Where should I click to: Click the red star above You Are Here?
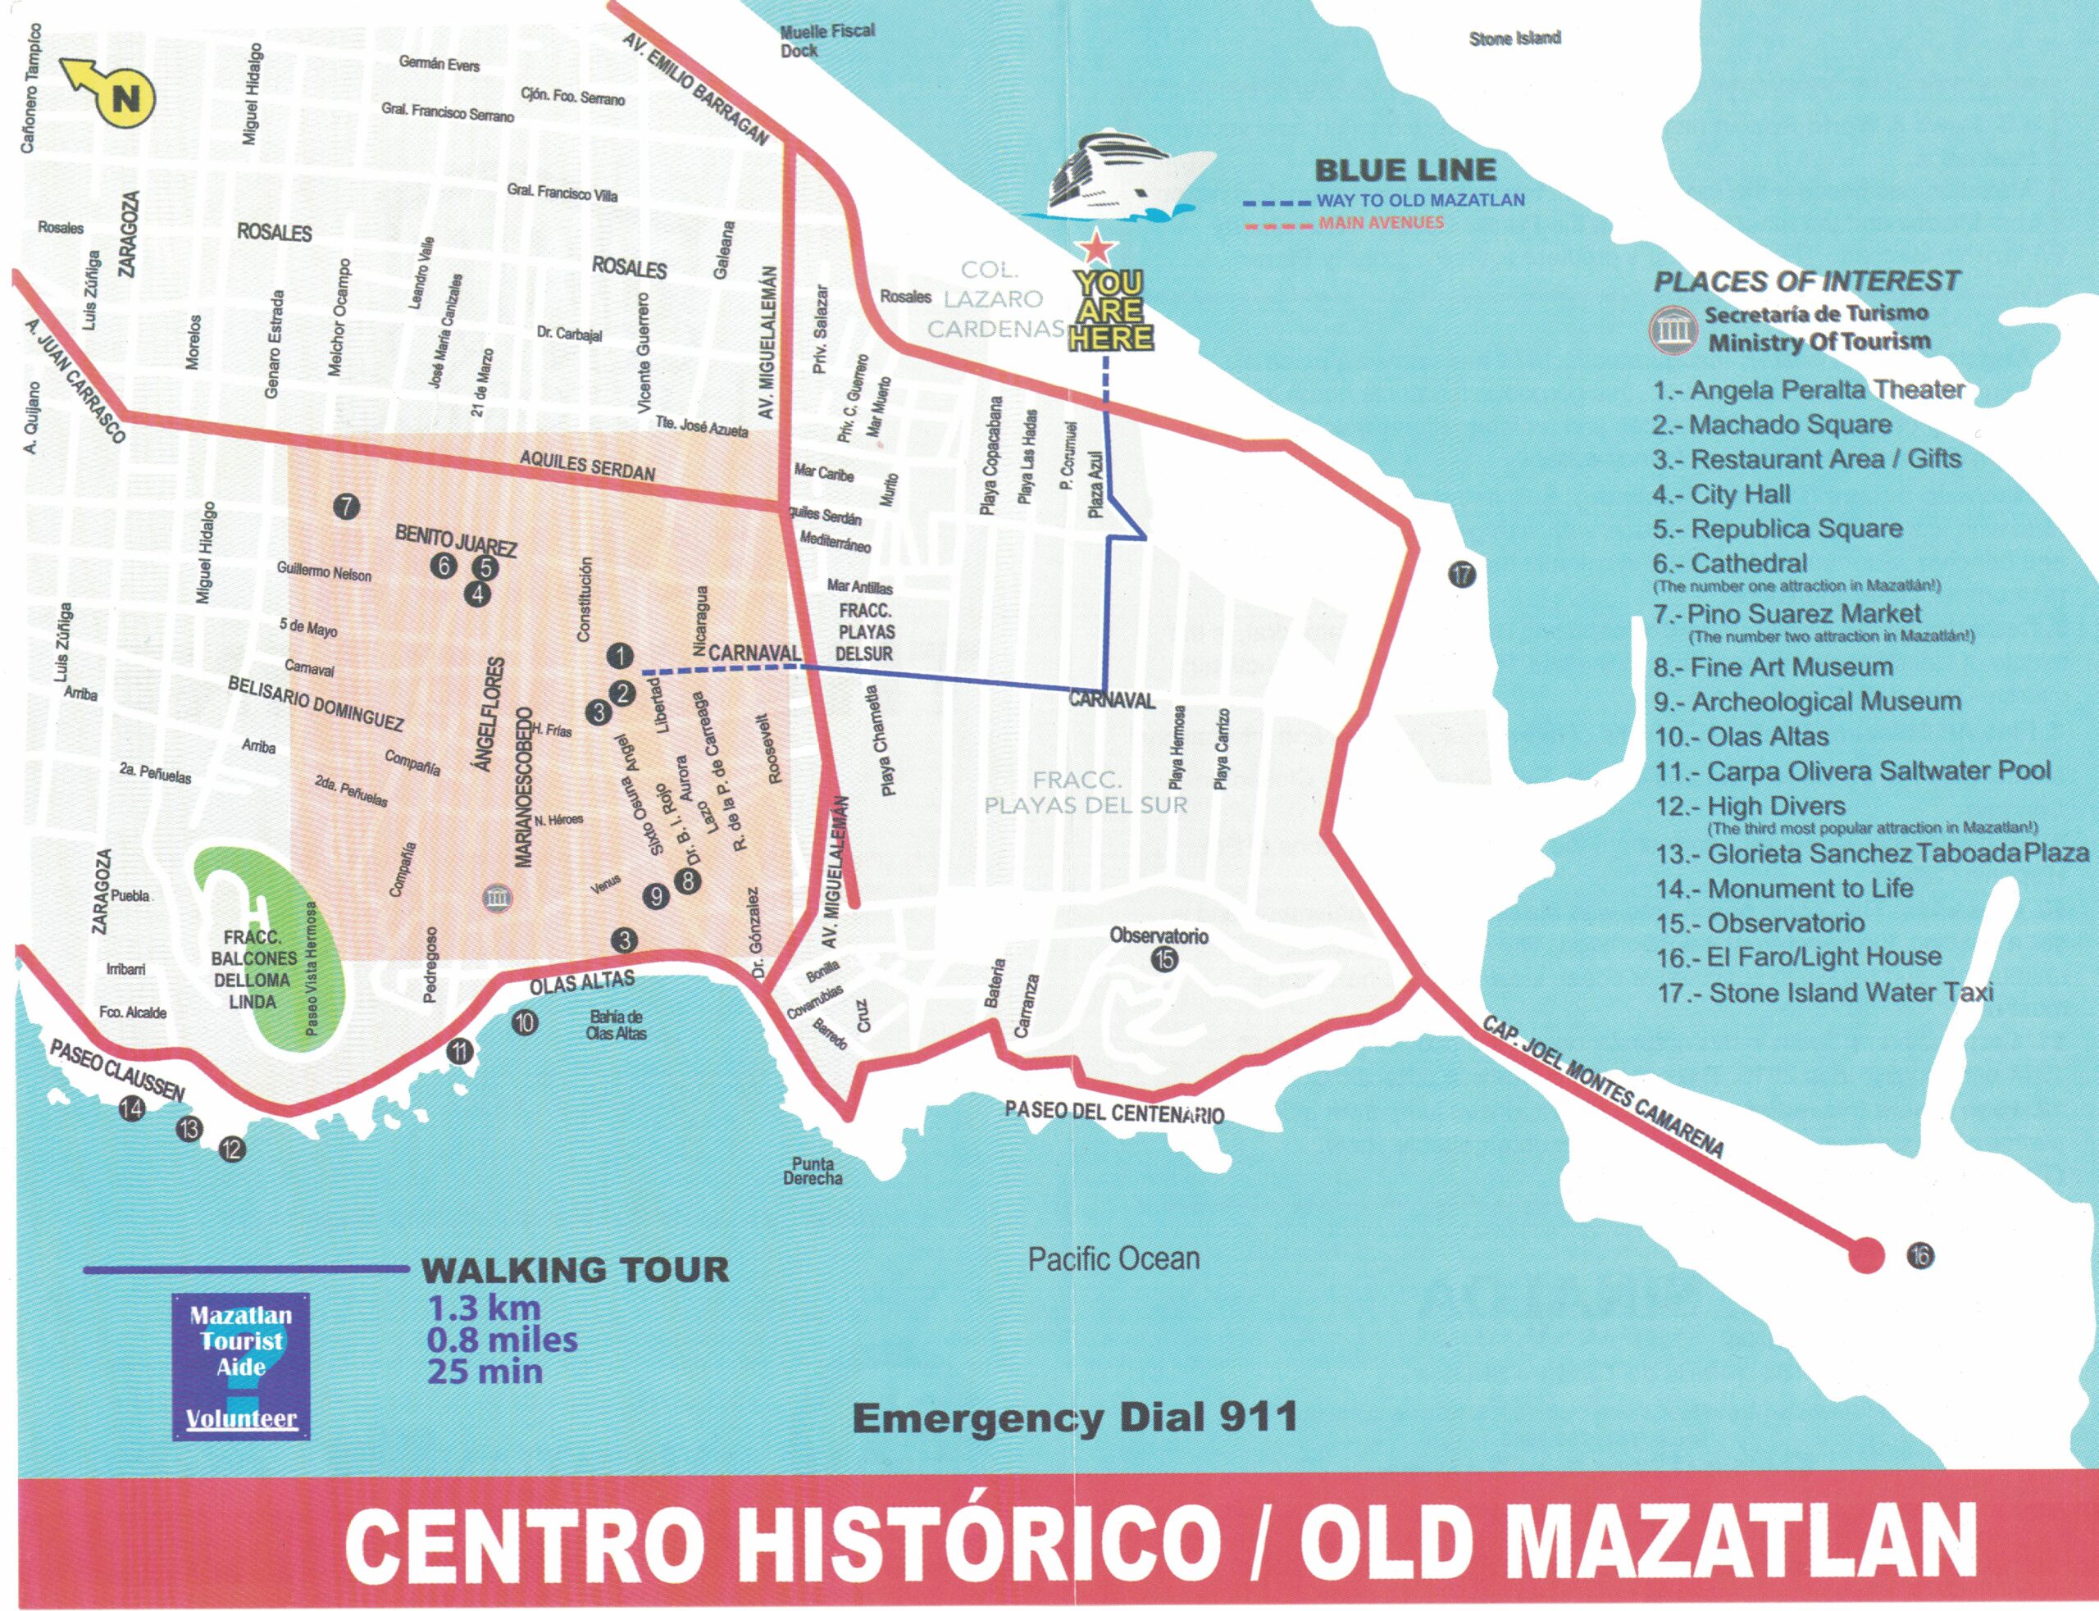[1096, 248]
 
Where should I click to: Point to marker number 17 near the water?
[1461, 575]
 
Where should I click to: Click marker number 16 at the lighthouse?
[1920, 1255]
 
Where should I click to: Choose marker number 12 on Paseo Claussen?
[232, 1149]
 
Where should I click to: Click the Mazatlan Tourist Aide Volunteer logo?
[242, 1367]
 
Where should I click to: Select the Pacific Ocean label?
[1113, 1258]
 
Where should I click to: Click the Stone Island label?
[1514, 39]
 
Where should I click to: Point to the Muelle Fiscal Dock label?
[826, 40]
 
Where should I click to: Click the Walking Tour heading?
[576, 1271]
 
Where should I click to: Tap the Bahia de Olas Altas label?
[616, 1025]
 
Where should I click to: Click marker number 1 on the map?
[621, 656]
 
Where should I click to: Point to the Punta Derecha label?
[813, 1171]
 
